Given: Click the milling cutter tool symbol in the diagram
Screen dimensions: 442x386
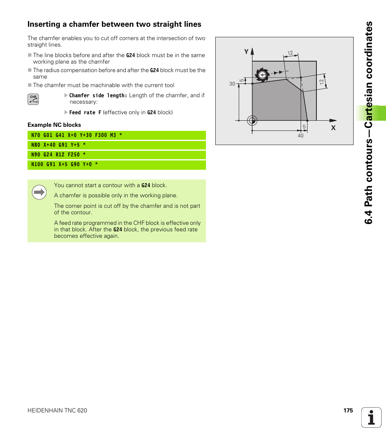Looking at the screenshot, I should [x=262, y=75].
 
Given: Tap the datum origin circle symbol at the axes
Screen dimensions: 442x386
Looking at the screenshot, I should [x=252, y=120].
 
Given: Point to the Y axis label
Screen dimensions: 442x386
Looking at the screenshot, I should [x=246, y=52].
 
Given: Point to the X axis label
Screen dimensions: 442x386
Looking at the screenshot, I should [x=333, y=128].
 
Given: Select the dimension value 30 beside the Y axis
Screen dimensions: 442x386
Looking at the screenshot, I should [x=232, y=84].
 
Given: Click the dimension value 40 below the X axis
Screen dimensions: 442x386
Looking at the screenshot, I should [x=300, y=136].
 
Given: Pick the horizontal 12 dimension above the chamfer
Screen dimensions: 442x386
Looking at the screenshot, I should [x=290, y=53].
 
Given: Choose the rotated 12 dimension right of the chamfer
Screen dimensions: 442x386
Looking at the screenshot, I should [x=322, y=82].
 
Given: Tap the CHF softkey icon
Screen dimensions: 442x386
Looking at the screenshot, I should [x=33, y=99].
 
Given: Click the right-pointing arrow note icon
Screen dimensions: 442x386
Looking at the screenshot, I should [x=39, y=192].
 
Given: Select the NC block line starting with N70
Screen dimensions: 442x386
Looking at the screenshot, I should [x=117, y=135].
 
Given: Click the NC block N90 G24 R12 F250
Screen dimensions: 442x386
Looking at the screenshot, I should [x=117, y=155].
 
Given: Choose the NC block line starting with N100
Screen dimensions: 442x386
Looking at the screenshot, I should [x=117, y=164].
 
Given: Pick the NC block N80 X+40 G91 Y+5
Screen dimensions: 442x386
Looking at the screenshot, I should [x=117, y=145].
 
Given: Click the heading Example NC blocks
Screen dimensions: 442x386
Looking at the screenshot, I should [x=54, y=125].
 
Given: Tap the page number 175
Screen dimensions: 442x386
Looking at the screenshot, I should [x=348, y=410].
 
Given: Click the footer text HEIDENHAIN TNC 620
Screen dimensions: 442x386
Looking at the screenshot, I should [x=57, y=410].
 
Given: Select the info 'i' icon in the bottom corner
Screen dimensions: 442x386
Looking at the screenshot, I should [x=371, y=417].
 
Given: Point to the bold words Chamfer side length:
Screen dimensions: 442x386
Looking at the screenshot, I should [x=98, y=96].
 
